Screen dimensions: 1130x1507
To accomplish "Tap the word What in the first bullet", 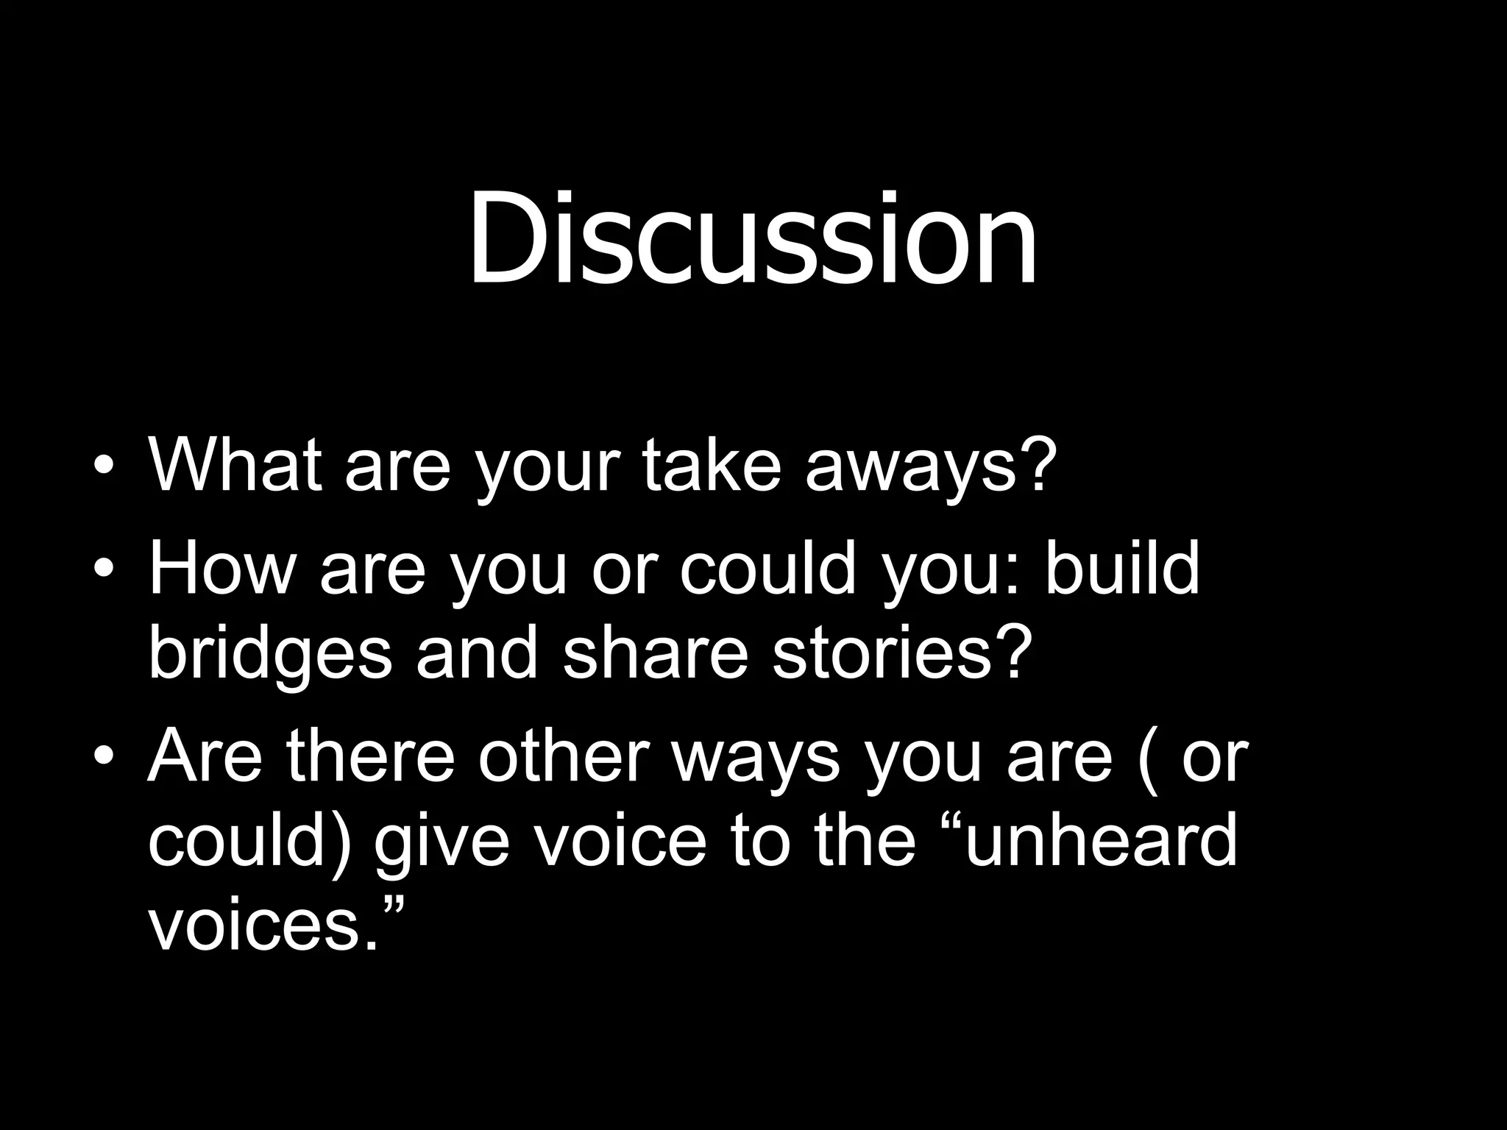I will tap(235, 465).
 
